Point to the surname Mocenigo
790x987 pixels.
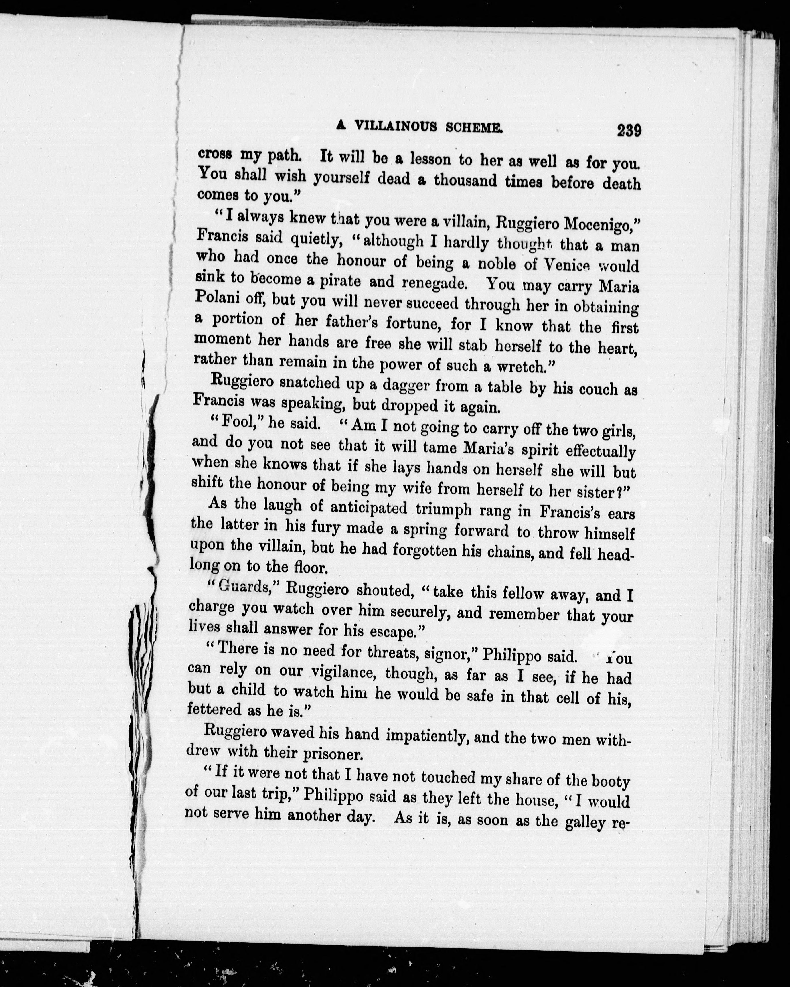pyautogui.click(x=598, y=224)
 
